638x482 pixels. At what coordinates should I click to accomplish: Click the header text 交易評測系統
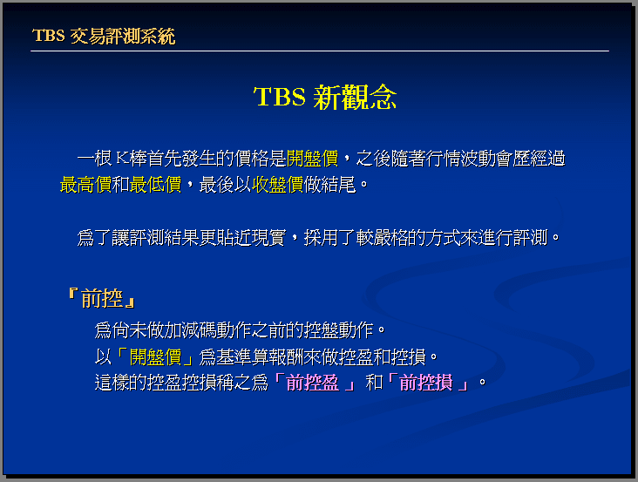[123, 37]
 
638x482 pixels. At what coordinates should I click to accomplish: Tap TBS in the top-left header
[49, 36]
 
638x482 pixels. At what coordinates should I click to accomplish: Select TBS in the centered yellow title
[280, 97]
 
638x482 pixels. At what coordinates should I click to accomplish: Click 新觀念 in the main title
[356, 98]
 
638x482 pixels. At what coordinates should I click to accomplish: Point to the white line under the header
[320, 51]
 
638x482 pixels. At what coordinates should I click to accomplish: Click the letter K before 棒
[123, 159]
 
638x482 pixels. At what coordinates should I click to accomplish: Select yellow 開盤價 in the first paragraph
[313, 159]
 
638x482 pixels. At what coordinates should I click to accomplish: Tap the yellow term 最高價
[86, 185]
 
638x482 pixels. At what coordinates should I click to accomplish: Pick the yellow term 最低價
[155, 185]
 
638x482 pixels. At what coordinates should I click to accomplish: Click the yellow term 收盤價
[278, 185]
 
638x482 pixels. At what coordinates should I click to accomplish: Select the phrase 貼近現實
[252, 238]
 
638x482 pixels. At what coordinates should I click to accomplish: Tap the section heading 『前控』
[102, 298]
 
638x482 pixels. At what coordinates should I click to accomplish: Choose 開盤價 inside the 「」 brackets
[155, 357]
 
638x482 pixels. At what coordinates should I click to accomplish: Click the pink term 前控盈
[313, 383]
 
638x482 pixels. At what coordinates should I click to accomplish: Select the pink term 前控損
[426, 383]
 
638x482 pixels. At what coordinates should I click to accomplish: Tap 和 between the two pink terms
[374, 383]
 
